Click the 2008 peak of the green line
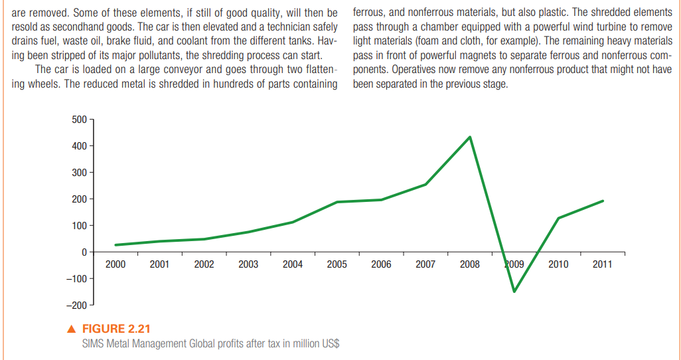point(470,137)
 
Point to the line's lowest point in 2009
point(514,291)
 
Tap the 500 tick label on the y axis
point(78,120)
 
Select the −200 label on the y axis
point(76,305)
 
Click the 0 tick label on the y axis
point(84,252)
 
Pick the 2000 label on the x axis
point(115,264)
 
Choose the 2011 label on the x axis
point(603,264)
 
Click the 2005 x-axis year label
point(337,264)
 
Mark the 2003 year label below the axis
point(248,264)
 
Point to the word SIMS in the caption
point(94,343)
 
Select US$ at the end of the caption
point(329,343)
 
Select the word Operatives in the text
point(416,69)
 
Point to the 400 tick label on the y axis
point(78,146)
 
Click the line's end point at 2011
point(603,201)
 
